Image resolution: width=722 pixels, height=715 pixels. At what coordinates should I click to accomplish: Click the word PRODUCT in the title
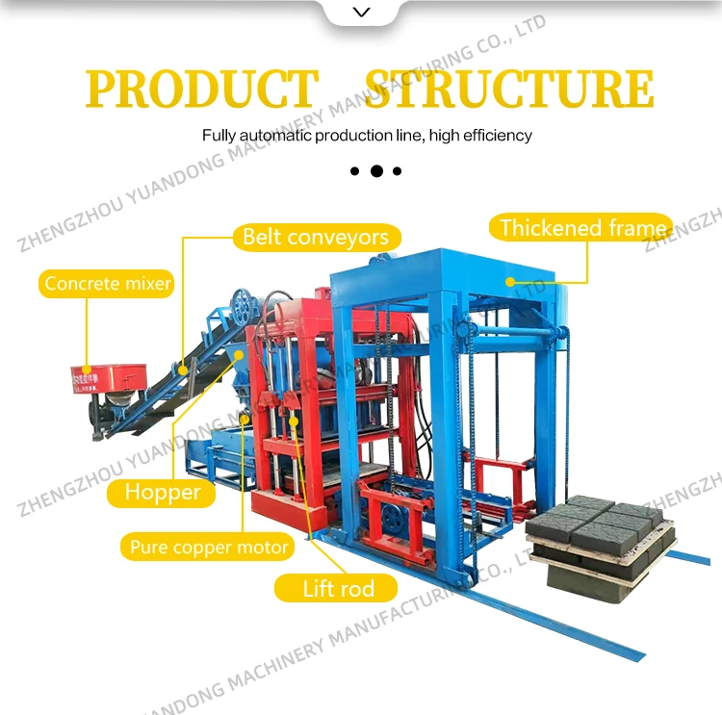[x=201, y=89]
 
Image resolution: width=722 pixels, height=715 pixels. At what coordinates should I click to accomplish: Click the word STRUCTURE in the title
[x=509, y=89]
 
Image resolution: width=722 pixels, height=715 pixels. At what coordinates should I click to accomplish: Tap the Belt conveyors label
[x=316, y=237]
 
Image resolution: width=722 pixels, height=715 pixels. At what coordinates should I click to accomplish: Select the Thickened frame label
[x=582, y=228]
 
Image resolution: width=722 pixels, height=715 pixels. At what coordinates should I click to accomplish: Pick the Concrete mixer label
[x=108, y=283]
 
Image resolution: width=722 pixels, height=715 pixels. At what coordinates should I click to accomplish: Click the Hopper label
[x=163, y=493]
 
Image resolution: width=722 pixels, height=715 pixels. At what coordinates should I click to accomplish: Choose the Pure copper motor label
[x=209, y=548]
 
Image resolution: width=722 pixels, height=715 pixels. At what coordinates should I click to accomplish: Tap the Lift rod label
[x=337, y=587]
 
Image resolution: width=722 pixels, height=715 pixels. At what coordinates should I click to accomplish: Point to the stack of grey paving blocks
[x=601, y=534]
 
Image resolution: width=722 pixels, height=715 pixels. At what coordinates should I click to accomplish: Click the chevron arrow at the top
[x=361, y=13]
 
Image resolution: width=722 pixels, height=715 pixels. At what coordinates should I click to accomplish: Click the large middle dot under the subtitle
[x=376, y=171]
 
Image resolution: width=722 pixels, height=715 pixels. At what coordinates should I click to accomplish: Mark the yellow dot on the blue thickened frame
[x=511, y=281]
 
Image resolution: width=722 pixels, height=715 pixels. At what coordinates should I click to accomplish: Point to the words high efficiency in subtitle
[x=480, y=136]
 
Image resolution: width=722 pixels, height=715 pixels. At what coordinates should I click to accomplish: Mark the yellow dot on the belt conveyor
[x=180, y=367]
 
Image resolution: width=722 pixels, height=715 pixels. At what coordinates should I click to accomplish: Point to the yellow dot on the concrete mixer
[x=88, y=368]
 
